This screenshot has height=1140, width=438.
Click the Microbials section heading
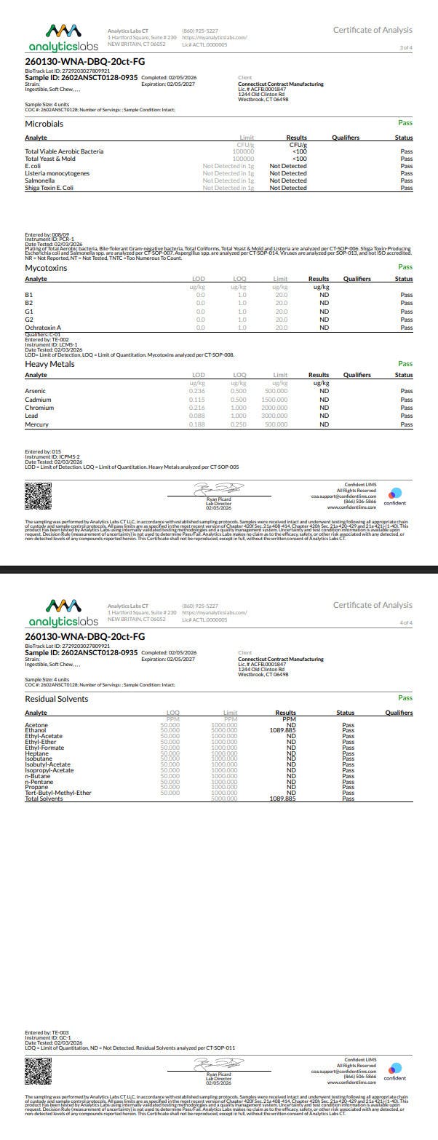[44, 124]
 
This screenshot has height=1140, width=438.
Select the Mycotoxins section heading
[46, 268]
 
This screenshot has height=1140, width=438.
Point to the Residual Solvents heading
[57, 699]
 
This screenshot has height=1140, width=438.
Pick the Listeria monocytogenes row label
[57, 173]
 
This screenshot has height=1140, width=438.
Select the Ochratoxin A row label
[43, 328]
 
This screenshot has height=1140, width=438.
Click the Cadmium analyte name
[38, 400]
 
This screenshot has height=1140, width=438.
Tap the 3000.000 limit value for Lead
[274, 416]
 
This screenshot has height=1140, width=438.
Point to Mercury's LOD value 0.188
[196, 424]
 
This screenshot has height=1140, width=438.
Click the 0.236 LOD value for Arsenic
[196, 391]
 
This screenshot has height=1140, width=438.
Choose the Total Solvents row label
[44, 799]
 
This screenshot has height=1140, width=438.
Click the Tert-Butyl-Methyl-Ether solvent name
[58, 793]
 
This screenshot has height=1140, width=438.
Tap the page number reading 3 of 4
[406, 47]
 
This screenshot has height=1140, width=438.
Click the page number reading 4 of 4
[406, 622]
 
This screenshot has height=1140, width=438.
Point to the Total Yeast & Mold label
[50, 159]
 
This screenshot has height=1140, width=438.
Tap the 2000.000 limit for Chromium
[274, 408]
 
